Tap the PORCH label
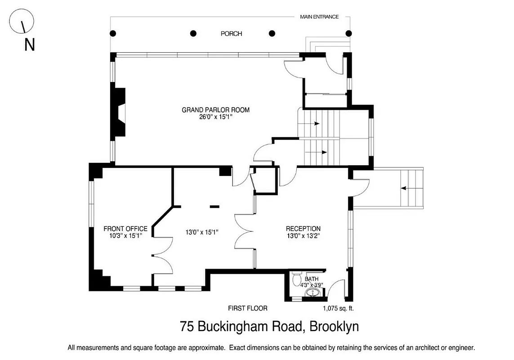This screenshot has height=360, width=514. point(231,34)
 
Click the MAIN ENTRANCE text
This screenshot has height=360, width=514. point(319,17)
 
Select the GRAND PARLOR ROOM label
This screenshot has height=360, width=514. point(215,110)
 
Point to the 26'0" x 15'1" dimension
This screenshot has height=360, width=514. point(215,117)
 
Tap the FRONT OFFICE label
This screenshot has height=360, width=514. point(125,229)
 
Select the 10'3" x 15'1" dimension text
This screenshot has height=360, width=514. point(125,235)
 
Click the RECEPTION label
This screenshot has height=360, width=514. point(304,229)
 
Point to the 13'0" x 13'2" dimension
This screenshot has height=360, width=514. point(304,235)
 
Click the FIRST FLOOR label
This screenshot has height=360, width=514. point(248,309)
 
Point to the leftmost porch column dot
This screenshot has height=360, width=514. point(113,33)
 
